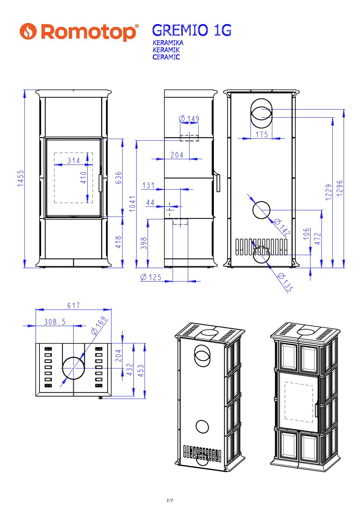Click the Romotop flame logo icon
click(x=28, y=31)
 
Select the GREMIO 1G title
click(x=192, y=30)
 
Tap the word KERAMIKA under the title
click(x=168, y=43)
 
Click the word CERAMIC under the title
click(x=166, y=57)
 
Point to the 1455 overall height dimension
click(x=21, y=179)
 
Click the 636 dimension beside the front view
click(x=118, y=178)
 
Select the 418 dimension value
click(x=118, y=242)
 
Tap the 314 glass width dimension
click(x=74, y=160)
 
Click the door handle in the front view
click(x=100, y=183)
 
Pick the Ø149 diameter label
click(x=189, y=118)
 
